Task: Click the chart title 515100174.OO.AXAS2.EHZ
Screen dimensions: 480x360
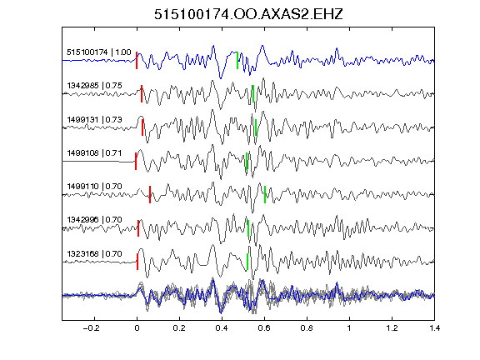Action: tap(248, 14)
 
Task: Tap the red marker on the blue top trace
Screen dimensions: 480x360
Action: tap(137, 60)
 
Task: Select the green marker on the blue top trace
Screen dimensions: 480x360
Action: tap(237, 60)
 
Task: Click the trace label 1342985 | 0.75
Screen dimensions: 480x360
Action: tap(94, 85)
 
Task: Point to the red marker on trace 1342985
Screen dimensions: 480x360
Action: tap(142, 93)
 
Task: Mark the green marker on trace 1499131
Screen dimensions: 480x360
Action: tap(256, 127)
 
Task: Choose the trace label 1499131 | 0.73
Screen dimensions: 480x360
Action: tap(94, 119)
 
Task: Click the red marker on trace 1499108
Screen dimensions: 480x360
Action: tap(136, 161)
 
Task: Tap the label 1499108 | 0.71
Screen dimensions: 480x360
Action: tap(94, 152)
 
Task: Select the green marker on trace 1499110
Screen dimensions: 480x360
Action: tap(265, 194)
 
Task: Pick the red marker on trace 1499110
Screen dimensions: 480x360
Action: tap(150, 194)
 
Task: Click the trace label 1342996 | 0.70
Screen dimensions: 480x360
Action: tap(94, 220)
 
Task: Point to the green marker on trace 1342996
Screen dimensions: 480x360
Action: tap(248, 228)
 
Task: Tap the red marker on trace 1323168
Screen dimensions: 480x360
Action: tap(137, 262)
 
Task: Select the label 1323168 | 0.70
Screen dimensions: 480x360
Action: tap(94, 254)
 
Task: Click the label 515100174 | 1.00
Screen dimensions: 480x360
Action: tap(98, 52)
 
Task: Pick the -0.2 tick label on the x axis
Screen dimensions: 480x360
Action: tap(91, 328)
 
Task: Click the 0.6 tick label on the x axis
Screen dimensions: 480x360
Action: tap(264, 328)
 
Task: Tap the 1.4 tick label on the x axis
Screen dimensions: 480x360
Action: tap(434, 328)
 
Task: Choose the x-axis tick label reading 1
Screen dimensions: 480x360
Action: tap(349, 328)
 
